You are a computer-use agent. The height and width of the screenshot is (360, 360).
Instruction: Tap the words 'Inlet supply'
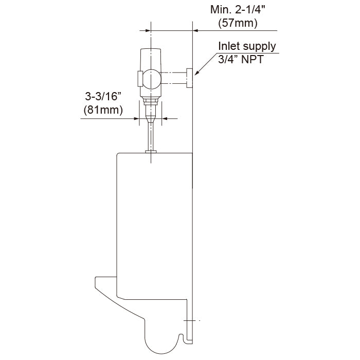tap(247, 46)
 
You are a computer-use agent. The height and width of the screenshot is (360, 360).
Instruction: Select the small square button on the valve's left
tap(139, 78)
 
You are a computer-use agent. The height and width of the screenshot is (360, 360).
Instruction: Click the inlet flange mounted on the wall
tap(189, 78)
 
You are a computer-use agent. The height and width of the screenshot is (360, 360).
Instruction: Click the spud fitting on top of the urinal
tap(151, 151)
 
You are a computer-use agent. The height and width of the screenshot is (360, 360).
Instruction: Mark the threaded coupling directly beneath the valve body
tap(151, 105)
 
